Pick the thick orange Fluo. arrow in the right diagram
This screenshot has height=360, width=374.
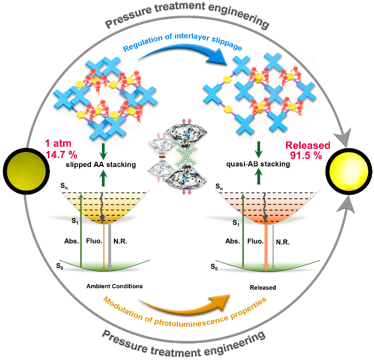266,245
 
